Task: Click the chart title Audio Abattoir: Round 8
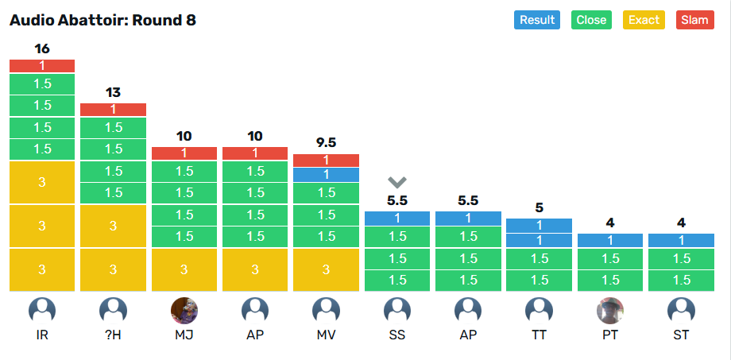102,20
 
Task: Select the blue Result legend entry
537,20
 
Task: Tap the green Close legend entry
591,20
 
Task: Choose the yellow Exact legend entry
644,20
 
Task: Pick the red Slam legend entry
694,20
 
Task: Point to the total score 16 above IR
42,49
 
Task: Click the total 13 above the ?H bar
113,93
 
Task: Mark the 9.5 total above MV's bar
326,143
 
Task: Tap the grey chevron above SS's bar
397,182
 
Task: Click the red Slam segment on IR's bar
42,66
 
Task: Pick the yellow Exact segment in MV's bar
326,269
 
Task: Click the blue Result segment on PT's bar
610,240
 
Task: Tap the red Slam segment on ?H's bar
113,110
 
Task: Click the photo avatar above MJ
184,310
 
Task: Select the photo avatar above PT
610,310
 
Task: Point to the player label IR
42,335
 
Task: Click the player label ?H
113,335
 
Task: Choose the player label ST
681,335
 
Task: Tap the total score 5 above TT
539,208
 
